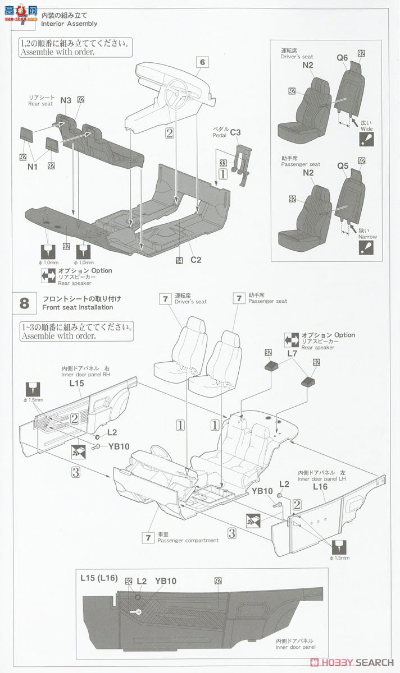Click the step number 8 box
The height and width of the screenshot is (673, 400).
click(x=24, y=303)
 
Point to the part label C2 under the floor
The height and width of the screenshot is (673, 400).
click(x=196, y=260)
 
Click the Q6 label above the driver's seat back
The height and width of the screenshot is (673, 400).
click(x=342, y=57)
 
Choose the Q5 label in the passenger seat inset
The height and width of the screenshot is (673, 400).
click(x=343, y=166)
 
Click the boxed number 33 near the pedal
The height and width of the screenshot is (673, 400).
click(x=223, y=162)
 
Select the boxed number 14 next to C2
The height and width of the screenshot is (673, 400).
click(x=179, y=260)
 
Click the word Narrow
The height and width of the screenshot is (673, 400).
click(x=368, y=237)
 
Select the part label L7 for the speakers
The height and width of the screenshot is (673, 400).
click(x=292, y=354)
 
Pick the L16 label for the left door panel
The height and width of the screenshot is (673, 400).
click(x=320, y=487)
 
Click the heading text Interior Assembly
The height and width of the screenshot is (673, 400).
click(x=69, y=24)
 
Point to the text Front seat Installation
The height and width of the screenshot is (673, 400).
click(x=78, y=307)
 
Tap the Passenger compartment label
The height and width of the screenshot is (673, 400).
click(x=188, y=540)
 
